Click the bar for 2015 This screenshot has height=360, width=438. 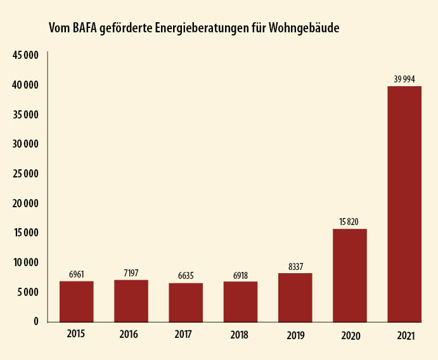tap(77, 302)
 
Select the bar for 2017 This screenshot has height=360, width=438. tap(186, 302)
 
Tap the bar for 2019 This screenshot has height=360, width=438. tap(295, 298)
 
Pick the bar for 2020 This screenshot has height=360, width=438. tap(350, 275)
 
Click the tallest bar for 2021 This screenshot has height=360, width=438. tap(404, 204)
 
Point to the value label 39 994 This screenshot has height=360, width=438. tap(404, 79)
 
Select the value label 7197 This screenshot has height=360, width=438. tap(131, 273)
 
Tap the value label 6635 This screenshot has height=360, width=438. tap(186, 276)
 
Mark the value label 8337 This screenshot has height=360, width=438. tap(295, 266)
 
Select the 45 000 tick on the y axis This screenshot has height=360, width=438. tap(25, 55)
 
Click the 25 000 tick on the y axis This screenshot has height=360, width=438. tap(25, 174)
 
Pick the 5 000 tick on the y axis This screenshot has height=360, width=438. tap(27, 292)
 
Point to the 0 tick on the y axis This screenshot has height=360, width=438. tap(36, 321)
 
